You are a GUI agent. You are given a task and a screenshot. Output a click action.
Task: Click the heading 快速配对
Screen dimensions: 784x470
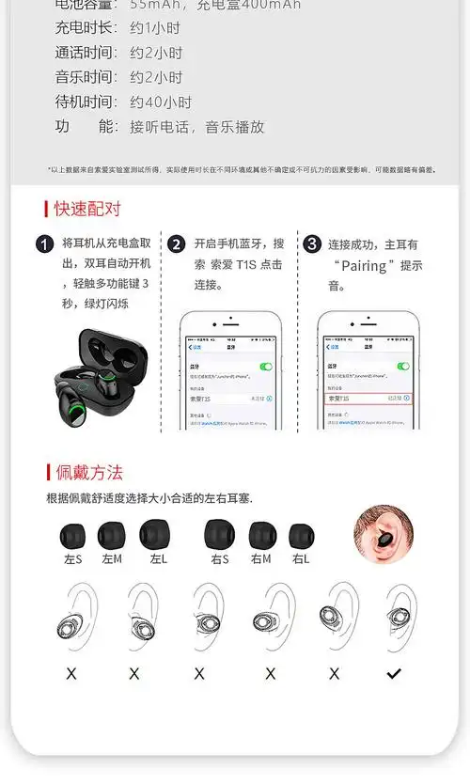(x=87, y=209)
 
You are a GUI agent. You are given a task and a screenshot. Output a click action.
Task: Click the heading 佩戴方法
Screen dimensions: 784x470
(x=88, y=472)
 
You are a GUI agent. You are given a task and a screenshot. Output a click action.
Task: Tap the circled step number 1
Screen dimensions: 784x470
(x=44, y=244)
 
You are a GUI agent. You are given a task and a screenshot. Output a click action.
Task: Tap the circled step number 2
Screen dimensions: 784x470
(x=177, y=244)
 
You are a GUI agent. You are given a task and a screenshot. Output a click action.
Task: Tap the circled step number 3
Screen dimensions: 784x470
(x=313, y=244)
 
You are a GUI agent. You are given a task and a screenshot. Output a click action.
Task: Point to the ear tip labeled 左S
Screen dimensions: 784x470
(x=71, y=536)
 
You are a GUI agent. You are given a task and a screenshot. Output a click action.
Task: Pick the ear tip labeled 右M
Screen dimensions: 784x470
(x=262, y=536)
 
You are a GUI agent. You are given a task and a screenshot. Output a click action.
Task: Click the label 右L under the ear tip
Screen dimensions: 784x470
(x=302, y=559)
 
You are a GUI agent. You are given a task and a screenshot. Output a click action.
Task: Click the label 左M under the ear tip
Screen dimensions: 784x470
(x=112, y=559)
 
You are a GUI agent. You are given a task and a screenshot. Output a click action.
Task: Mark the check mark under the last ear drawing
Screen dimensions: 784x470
(x=395, y=673)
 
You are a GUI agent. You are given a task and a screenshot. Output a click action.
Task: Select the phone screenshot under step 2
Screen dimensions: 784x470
(x=230, y=371)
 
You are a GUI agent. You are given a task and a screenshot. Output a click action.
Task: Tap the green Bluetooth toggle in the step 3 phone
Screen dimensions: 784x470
(x=402, y=366)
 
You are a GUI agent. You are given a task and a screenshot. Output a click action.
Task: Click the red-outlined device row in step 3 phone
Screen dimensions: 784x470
(x=368, y=399)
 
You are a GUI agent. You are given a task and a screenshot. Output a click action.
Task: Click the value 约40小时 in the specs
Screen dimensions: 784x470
(x=161, y=102)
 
